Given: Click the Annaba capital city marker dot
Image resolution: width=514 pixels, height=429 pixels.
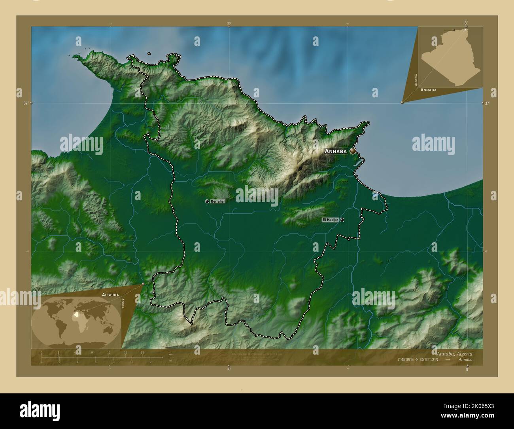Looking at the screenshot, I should (353, 151).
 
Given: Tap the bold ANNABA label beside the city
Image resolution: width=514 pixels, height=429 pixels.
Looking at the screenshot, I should (336, 151).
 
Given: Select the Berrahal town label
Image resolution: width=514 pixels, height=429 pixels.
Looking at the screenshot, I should (218, 201).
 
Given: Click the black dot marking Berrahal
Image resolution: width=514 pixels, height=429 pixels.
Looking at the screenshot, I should (207, 201).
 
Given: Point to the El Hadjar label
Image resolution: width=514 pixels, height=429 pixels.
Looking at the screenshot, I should (330, 220).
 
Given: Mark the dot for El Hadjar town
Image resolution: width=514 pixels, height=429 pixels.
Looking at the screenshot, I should (342, 220).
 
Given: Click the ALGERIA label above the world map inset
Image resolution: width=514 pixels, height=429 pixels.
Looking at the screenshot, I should (110, 295).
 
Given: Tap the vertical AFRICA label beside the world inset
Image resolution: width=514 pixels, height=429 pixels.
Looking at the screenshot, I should (123, 307).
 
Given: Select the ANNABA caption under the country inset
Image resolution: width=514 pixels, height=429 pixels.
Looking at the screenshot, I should (429, 90).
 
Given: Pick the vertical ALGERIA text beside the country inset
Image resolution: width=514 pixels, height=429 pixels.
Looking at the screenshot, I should (416, 80).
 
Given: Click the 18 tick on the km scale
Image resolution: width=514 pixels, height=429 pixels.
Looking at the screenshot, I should (142, 353).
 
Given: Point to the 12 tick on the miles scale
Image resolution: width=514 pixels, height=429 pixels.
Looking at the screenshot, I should (150, 362).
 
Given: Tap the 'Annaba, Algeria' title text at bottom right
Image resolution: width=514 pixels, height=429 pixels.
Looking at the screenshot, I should (454, 353).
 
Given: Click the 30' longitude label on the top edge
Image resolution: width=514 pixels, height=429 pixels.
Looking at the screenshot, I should (229, 24).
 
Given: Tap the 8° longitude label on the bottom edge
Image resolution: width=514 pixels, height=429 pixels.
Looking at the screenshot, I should (467, 369).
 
